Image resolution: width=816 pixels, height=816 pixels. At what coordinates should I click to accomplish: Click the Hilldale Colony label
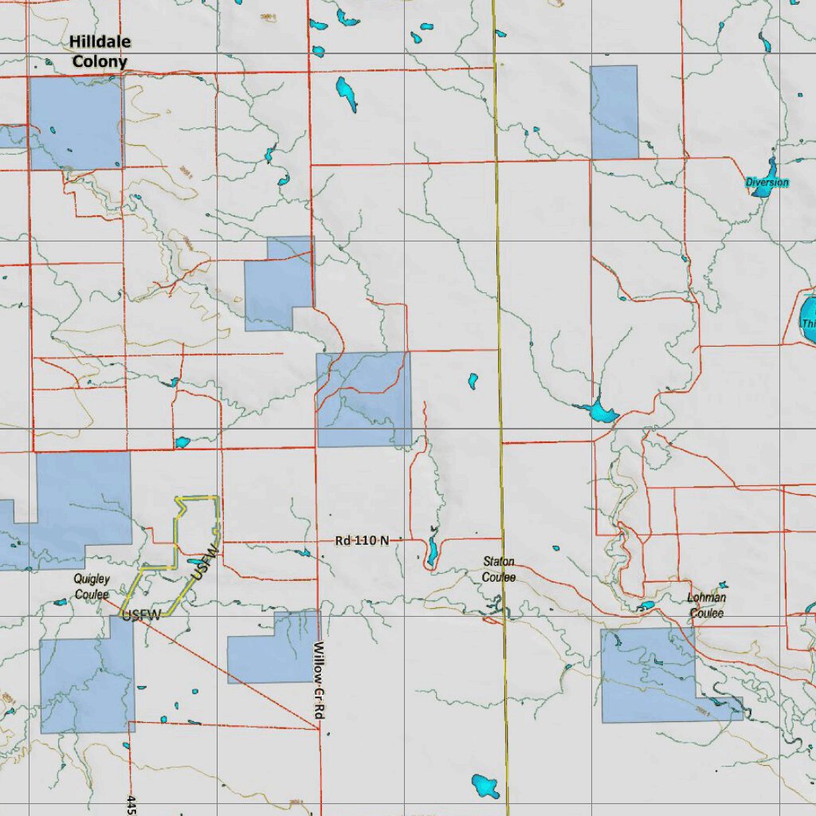click(x=100, y=51)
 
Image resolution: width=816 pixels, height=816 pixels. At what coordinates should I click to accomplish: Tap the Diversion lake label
click(x=767, y=183)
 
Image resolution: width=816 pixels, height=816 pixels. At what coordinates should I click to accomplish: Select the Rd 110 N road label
click(x=362, y=541)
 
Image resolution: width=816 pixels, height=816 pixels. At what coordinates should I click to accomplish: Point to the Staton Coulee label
click(x=499, y=570)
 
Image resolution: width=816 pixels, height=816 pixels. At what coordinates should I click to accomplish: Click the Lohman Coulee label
click(x=707, y=606)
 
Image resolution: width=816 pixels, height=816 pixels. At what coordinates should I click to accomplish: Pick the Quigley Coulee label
click(x=92, y=586)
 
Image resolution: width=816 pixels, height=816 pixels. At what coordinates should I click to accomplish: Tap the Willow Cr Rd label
click(x=317, y=682)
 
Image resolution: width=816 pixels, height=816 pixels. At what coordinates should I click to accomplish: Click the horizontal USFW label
click(x=142, y=614)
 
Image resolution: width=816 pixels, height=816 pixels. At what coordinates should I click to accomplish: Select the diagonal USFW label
click(x=204, y=563)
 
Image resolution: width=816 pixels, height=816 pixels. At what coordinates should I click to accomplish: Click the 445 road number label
click(x=131, y=803)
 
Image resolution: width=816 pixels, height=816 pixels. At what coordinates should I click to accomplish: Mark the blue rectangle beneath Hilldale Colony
click(x=76, y=123)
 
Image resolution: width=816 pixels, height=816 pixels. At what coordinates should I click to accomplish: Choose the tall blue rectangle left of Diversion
click(x=614, y=112)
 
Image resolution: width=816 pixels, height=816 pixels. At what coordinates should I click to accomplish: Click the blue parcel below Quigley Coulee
click(x=86, y=681)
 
